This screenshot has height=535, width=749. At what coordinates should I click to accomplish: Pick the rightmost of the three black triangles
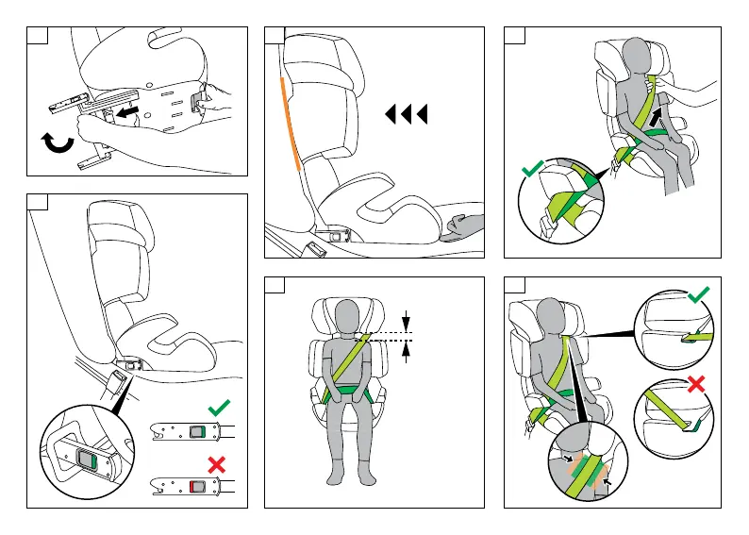pyautogui.click(x=422, y=115)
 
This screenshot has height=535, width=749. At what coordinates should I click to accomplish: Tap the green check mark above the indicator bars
pyautogui.click(x=218, y=407)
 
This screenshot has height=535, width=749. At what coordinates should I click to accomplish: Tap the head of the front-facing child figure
pyautogui.click(x=348, y=316)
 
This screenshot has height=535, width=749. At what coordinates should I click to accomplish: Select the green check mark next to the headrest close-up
pyautogui.click(x=697, y=297)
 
